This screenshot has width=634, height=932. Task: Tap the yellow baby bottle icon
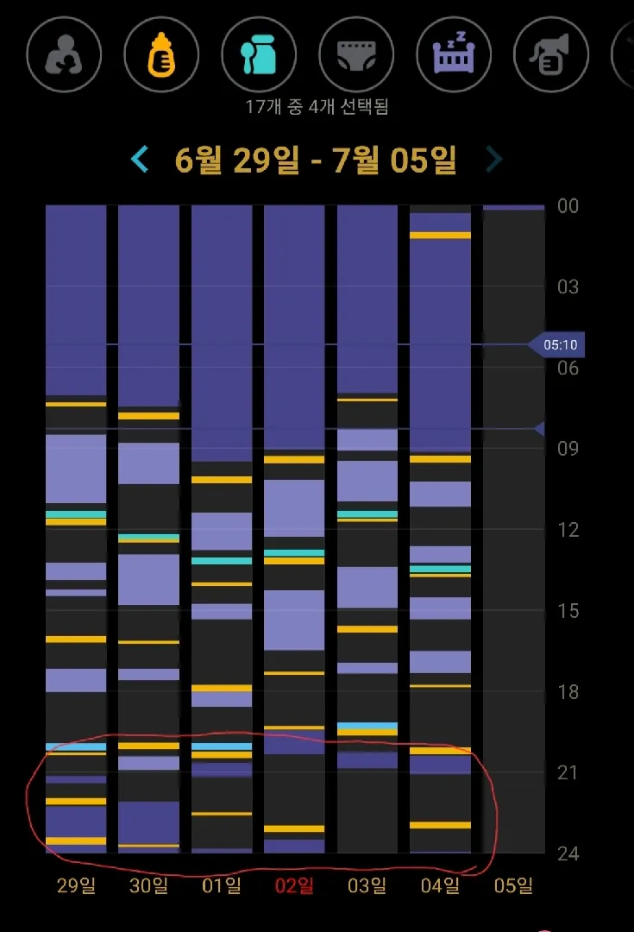click(161, 54)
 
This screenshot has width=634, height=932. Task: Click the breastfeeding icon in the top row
click(64, 54)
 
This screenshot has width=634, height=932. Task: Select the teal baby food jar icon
click(259, 54)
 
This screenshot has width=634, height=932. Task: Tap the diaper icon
click(356, 54)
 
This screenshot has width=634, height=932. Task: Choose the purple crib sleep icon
click(454, 54)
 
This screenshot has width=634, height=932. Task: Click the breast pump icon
click(551, 54)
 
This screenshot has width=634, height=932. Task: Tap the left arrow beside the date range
click(140, 160)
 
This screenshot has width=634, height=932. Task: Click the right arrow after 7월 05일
click(494, 160)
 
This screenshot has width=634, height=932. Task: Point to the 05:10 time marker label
click(560, 344)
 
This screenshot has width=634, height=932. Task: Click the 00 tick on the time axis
click(568, 205)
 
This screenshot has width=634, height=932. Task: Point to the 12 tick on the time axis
click(568, 530)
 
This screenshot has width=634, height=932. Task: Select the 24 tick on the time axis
click(568, 853)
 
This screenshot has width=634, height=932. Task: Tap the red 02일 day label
click(295, 885)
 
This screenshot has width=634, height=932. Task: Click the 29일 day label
click(76, 885)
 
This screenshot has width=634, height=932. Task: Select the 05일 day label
click(513, 885)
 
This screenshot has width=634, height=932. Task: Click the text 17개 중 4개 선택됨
click(317, 107)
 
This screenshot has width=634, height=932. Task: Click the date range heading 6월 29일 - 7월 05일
click(316, 160)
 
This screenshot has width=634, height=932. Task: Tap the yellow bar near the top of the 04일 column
click(440, 236)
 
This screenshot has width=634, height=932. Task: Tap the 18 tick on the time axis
click(568, 692)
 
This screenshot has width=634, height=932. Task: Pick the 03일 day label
click(367, 885)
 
